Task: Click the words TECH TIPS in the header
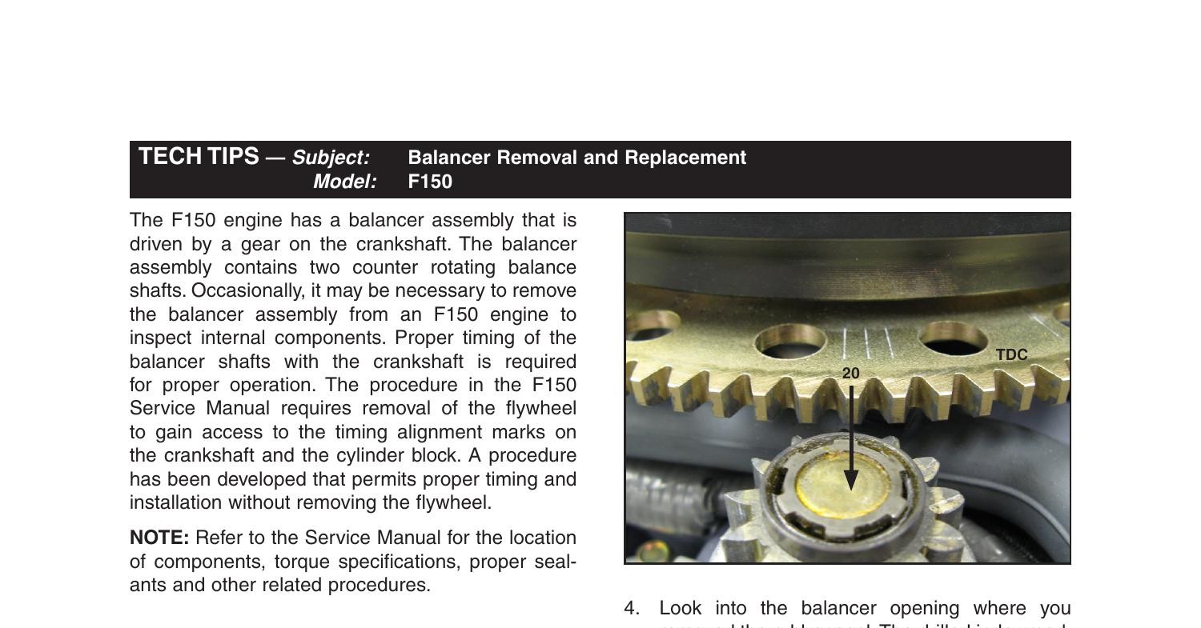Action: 199,157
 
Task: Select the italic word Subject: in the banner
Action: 331,158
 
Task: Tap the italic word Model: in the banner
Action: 344,182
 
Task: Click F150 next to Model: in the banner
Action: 430,182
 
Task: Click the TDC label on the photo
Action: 1011,355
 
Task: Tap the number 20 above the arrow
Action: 851,374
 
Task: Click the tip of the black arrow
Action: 851,487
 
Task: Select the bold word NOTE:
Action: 159,538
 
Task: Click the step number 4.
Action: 632,608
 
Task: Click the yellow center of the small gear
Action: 843,484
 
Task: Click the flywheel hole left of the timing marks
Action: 790,341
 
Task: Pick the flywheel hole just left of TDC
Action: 953,338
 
